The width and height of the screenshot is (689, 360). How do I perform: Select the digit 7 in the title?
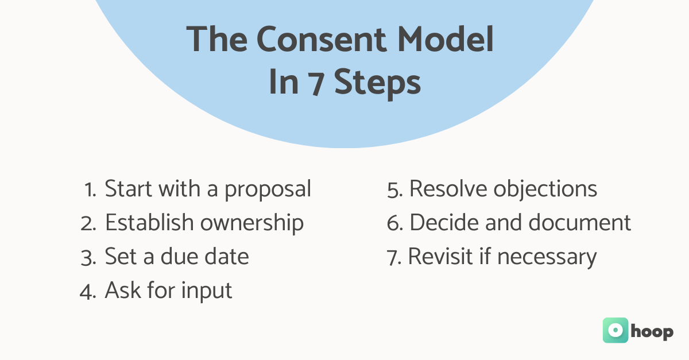(x=314, y=83)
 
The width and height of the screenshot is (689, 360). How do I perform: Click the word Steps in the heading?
(x=377, y=84)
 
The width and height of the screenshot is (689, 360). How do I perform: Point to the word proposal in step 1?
(x=268, y=189)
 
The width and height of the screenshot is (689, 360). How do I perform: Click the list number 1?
(x=90, y=189)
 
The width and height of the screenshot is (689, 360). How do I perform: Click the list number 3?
(x=88, y=257)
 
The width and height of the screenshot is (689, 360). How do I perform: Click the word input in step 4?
(x=207, y=291)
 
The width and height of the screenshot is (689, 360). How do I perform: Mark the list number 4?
(x=87, y=291)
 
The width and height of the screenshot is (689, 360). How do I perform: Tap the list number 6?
(x=395, y=223)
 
